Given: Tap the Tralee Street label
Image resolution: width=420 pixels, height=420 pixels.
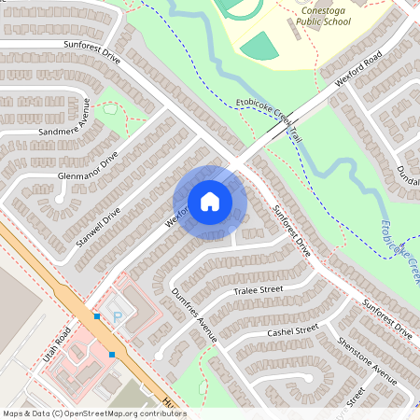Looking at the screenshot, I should [258, 291].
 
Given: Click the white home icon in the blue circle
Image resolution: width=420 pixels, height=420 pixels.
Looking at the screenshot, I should [209, 202].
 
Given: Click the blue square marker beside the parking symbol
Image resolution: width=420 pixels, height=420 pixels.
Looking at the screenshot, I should [97, 316].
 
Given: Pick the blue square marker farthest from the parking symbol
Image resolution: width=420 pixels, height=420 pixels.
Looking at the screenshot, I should [112, 355].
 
